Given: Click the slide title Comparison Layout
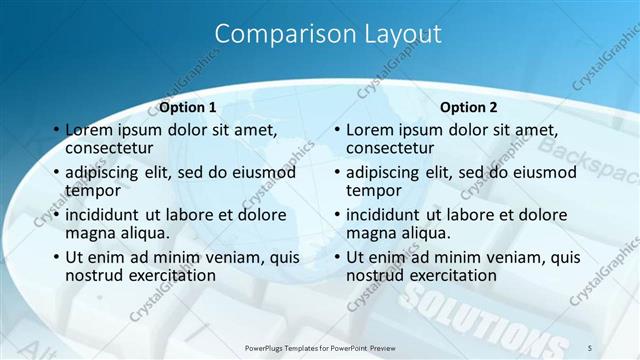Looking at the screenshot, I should [328, 34].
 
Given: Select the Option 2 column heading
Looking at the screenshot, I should [469, 107].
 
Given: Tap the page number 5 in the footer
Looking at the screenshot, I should [590, 346].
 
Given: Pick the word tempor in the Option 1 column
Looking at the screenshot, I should [92, 190].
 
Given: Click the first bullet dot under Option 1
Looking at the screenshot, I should [56, 131].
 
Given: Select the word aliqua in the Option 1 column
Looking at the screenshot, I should [143, 232].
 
